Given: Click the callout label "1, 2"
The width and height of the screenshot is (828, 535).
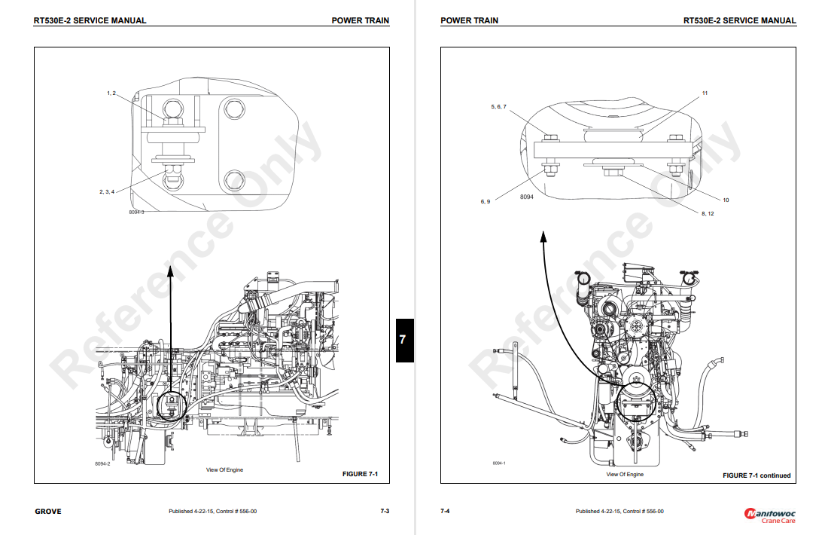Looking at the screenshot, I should (111, 93).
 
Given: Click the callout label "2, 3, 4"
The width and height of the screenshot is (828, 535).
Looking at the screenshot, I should (106, 191).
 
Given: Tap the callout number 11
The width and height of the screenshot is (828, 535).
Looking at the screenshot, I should (705, 93).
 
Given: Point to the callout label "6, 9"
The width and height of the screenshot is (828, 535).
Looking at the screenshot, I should (486, 201).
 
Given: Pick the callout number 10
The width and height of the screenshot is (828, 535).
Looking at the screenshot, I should (726, 200).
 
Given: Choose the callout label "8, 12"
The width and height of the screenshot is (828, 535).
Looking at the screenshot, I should (708, 214).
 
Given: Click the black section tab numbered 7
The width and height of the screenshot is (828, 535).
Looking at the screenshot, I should (404, 340).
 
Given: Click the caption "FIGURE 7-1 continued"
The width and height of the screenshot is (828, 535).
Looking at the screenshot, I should (756, 475).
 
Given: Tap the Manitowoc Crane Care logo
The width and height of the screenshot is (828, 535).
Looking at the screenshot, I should (769, 515).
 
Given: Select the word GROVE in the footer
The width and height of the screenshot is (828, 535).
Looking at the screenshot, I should (48, 512).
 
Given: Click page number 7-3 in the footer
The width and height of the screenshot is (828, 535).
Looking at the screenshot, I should (385, 512).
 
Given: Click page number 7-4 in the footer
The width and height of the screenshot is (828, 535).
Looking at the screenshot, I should (445, 512).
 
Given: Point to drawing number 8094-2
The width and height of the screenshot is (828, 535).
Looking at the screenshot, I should (102, 463).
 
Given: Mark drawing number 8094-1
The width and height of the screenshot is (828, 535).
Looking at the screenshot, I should (499, 463).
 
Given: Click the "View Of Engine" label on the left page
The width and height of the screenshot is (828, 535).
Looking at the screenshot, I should (224, 470).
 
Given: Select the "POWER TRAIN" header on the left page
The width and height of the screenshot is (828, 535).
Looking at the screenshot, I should (361, 20).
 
